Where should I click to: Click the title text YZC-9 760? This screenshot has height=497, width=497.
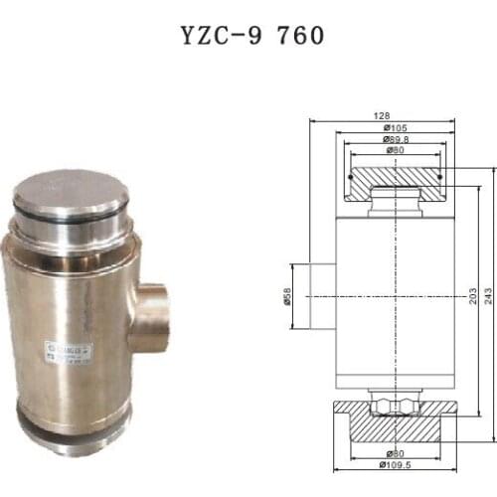tap(248, 37)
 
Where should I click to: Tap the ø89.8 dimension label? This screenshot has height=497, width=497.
tap(393, 140)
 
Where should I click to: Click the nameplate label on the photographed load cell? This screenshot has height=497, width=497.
tap(67, 353)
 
